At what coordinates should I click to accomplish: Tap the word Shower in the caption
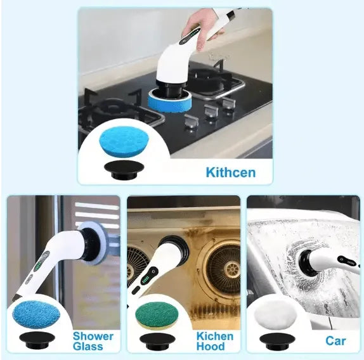(93, 336)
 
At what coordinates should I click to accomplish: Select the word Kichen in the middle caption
(214, 336)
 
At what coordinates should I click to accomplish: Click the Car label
(335, 341)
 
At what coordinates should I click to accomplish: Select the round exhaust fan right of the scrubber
(220, 266)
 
